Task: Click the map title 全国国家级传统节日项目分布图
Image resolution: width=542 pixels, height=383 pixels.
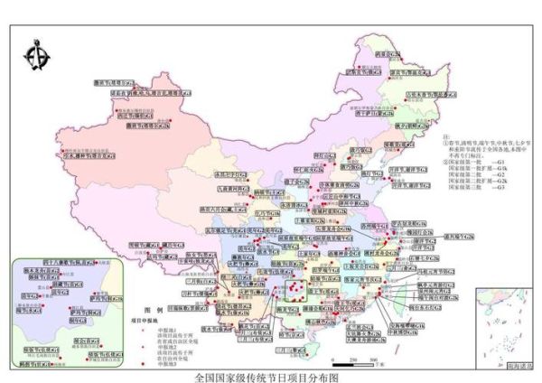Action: [270, 376]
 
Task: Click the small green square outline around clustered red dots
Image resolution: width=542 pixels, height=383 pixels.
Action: [296, 289]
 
